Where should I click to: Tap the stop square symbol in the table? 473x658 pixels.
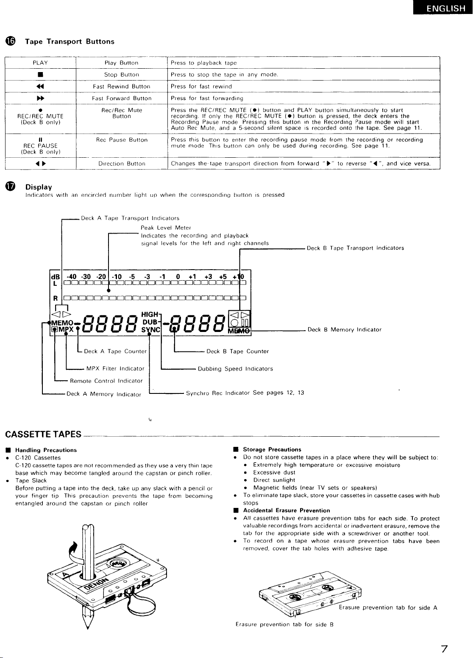coord(41,75)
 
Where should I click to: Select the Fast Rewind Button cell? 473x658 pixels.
coord(122,86)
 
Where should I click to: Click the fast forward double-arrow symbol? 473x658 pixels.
coord(41,98)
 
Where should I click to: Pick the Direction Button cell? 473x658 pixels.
coord(122,163)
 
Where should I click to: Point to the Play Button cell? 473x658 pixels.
coord(122,63)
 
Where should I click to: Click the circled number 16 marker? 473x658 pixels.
coord(10,41)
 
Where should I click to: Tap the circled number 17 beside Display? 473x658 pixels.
coord(10,187)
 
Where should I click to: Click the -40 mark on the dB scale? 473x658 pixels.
coord(71,277)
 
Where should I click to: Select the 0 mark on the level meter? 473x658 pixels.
coord(178,277)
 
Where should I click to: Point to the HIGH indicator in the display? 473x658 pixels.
coord(150,315)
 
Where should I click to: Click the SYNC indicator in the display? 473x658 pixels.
coord(150,330)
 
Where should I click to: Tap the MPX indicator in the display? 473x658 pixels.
coord(66,329)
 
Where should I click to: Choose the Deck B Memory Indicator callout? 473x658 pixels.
coord(345,329)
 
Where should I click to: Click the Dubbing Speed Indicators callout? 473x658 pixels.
coord(235,369)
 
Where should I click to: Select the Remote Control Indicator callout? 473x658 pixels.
coord(106,381)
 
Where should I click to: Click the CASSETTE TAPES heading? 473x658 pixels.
coord(43,434)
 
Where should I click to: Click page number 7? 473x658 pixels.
coord(444,649)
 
